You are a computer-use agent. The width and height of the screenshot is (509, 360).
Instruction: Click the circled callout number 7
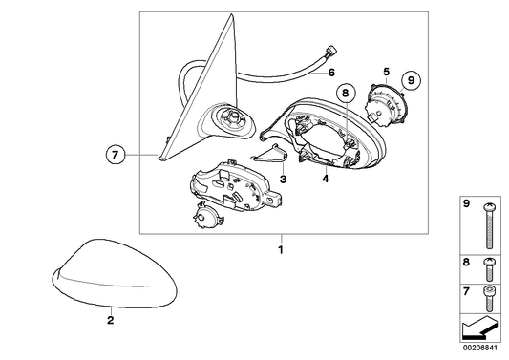pos(116,155)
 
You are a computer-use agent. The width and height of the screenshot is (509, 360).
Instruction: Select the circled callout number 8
pos(346,93)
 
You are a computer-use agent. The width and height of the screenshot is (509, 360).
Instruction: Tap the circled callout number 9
pos(411,80)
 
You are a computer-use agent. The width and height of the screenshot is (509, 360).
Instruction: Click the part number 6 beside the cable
pos(331,73)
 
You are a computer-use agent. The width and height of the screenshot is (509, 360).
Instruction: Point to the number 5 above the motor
pos(386,72)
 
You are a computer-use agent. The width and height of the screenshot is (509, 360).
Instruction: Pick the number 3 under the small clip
pos(283,179)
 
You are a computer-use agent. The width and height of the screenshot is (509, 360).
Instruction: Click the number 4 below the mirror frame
pos(326,179)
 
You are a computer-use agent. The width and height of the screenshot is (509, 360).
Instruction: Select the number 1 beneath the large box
pos(281,250)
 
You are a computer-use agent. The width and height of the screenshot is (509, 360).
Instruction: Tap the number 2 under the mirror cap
pos(111,320)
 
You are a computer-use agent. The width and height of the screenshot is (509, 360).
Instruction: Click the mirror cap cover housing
pos(115,274)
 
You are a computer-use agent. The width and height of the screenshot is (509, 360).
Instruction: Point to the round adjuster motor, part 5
pos(387,103)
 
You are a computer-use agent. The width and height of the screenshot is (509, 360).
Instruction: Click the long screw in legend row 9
pos(489,226)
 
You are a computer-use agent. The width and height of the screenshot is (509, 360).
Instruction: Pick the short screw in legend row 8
pos(489,269)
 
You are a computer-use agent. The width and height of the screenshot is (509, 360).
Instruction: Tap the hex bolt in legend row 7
pos(489,298)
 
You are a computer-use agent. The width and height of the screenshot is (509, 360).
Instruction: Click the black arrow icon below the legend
pos(479,328)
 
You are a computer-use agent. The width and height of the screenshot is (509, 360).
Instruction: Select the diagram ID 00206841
pos(480,348)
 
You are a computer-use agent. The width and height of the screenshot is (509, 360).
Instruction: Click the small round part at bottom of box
pos(208,216)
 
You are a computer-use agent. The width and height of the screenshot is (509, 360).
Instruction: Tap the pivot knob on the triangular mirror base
pos(233,116)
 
